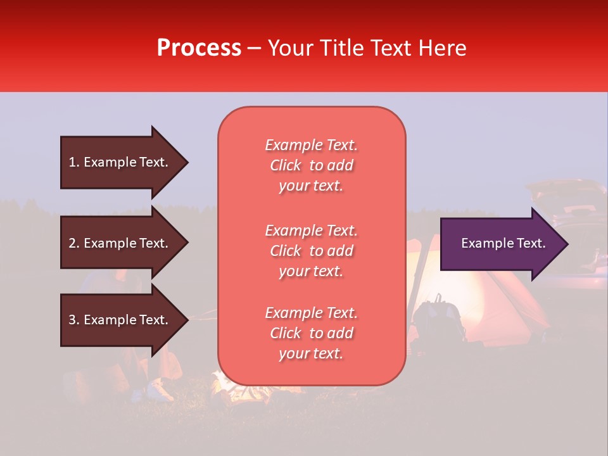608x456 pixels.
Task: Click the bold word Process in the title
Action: point(199,48)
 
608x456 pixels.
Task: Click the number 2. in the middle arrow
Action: point(74,243)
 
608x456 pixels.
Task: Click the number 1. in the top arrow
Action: point(74,162)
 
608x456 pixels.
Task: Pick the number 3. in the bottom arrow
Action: point(74,320)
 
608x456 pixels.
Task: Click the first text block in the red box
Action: point(312,165)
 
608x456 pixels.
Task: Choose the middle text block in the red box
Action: point(312,251)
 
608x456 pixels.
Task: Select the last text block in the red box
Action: point(312,333)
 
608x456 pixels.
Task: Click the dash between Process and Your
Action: point(254,49)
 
